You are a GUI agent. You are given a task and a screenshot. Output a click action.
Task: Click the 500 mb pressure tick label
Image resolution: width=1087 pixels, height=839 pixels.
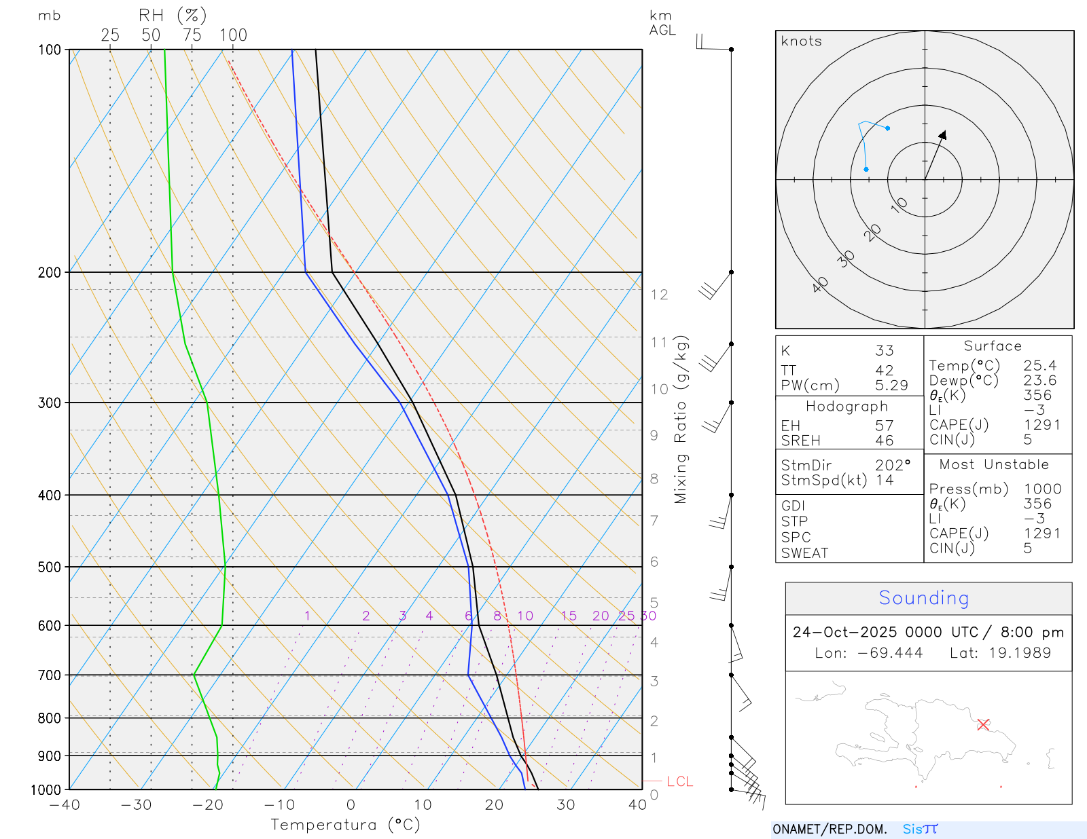coord(49,567)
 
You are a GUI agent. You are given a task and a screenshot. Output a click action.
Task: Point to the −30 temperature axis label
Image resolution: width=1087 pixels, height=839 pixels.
coord(136,805)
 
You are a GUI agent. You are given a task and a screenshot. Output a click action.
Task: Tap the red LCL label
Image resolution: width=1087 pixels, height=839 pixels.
coord(679,781)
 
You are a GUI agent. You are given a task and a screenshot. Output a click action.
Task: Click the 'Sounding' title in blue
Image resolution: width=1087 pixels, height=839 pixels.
coord(923,597)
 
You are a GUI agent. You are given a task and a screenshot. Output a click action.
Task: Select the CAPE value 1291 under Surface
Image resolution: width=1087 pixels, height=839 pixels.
coord(1042,425)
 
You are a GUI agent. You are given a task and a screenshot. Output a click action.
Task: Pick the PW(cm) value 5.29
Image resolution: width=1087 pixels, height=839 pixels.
coord(891,386)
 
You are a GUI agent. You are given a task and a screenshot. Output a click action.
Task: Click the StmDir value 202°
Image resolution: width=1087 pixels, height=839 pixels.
coord(892,466)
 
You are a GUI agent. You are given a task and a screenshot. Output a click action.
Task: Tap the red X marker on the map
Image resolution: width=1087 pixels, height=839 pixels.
coord(983,724)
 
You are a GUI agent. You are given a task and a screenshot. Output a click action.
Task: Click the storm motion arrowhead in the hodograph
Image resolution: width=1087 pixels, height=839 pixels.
coord(943,134)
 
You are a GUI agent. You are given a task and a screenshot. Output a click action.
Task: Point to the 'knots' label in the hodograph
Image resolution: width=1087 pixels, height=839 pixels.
coord(801,41)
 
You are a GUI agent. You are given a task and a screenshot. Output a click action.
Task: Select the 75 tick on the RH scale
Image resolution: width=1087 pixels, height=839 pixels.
coord(192,35)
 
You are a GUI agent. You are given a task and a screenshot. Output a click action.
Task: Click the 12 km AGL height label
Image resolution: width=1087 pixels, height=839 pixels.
coord(659,295)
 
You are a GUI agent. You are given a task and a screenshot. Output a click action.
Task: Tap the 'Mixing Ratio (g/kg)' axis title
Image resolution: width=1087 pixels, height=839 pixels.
coord(681,419)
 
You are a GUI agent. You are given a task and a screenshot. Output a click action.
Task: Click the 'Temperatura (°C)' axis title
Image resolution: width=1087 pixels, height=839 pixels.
coord(345,825)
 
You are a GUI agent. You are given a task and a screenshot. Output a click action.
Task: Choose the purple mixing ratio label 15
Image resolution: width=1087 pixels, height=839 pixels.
coord(569,616)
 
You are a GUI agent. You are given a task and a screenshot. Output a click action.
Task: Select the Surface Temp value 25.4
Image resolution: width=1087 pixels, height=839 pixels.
coord(1039,366)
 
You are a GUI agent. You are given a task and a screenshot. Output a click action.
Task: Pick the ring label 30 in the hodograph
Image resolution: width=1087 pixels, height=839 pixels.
coord(846,259)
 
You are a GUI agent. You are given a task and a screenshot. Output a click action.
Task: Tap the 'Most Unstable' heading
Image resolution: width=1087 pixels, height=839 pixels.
coord(994,464)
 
